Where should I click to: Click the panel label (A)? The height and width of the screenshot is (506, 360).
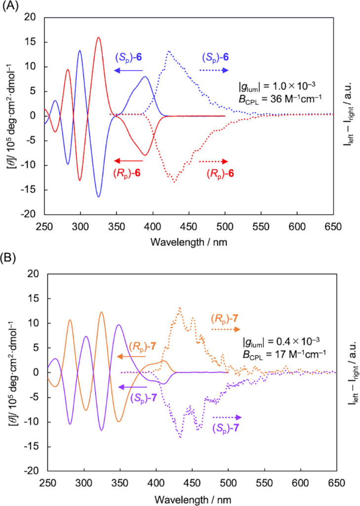coord(11,6)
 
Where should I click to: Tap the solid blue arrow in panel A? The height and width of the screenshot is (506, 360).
coord(128,71)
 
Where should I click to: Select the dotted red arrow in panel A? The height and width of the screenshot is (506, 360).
coord(213,162)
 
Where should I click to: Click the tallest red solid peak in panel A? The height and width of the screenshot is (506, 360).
coord(98,38)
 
